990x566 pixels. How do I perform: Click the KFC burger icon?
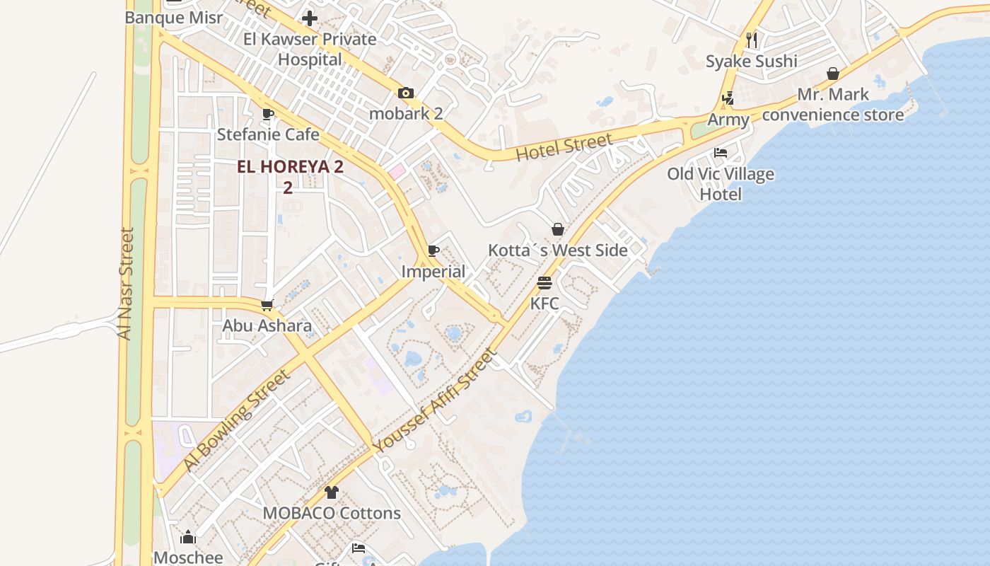pos(544,283)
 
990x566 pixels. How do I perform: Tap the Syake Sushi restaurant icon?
pos(752,40)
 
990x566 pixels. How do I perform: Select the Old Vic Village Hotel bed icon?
pos(721,153)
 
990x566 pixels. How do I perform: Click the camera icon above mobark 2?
pos(405,93)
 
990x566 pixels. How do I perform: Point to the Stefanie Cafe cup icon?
pos(268,114)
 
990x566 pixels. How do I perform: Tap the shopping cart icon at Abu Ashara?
pos(267,306)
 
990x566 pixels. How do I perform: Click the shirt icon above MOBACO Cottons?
pos(332,492)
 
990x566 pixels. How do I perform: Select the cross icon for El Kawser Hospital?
pos(310,18)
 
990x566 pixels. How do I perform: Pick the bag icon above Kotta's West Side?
pos(558,229)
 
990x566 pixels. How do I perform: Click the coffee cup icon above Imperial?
pos(433,251)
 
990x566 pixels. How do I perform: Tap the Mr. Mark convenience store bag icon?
pos(833,74)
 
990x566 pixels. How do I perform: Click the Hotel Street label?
pos(564,147)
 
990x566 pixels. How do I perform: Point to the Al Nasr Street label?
pos(126,283)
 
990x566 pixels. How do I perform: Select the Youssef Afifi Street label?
pos(434,401)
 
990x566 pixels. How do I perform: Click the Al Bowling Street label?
pos(236,420)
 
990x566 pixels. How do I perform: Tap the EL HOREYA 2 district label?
pos(290,167)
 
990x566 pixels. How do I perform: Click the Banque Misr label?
pos(173,18)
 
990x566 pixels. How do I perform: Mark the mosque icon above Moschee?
pos(188,537)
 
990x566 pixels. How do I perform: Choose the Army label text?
pos(728,120)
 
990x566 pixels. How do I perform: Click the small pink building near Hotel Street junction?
pos(396,171)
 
